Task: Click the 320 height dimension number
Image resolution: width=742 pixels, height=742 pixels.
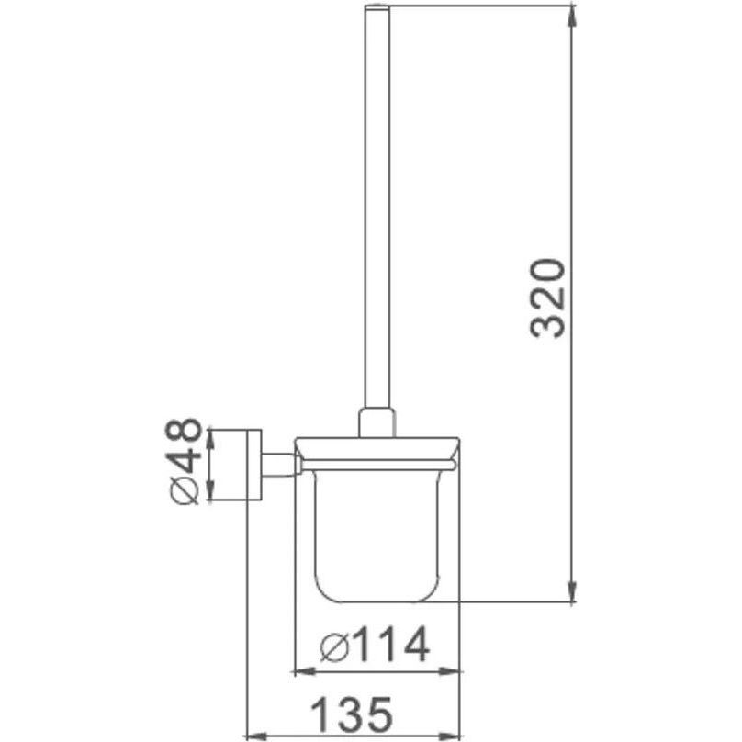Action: (548, 298)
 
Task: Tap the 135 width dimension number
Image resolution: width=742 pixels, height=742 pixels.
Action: (353, 714)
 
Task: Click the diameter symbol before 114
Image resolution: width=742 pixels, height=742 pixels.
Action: (334, 646)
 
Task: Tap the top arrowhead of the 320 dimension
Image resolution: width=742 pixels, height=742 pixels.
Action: (573, 17)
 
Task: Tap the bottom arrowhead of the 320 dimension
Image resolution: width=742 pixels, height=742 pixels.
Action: (573, 591)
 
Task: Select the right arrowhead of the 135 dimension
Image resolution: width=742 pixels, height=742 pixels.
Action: (450, 736)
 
